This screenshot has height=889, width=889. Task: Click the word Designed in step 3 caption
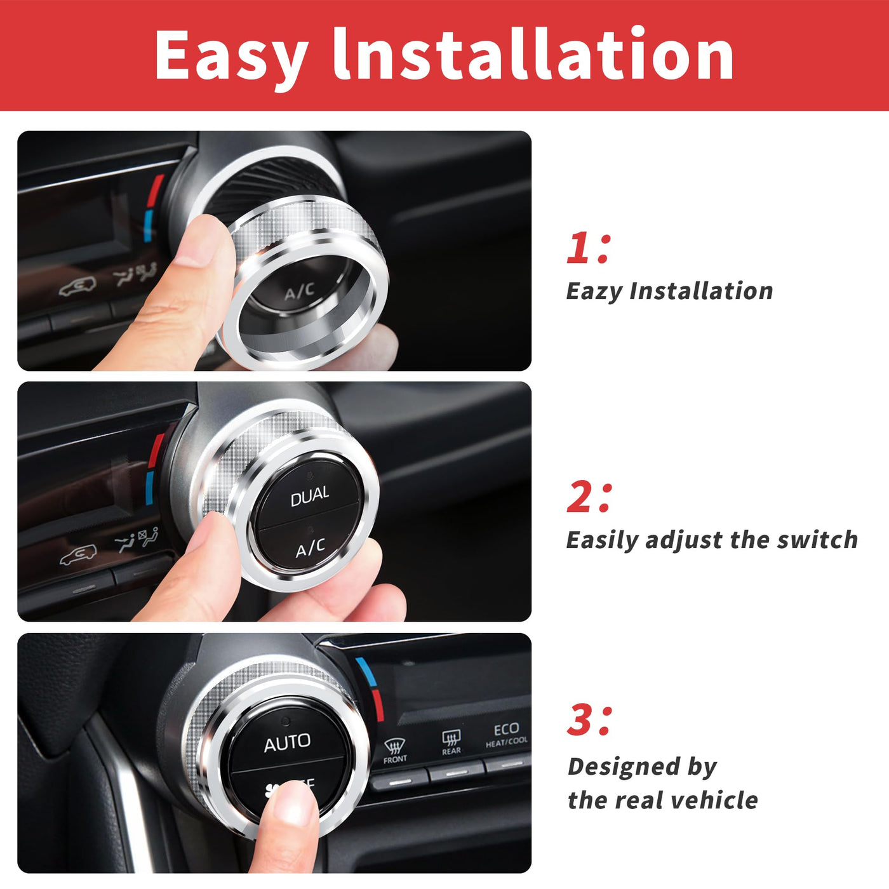tap(624, 766)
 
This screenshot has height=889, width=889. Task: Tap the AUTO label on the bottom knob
tap(287, 743)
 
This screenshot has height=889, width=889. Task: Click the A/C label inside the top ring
tap(299, 291)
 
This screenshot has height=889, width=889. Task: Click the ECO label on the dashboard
tap(506, 730)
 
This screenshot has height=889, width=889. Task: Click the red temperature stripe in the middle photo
tap(156, 450)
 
